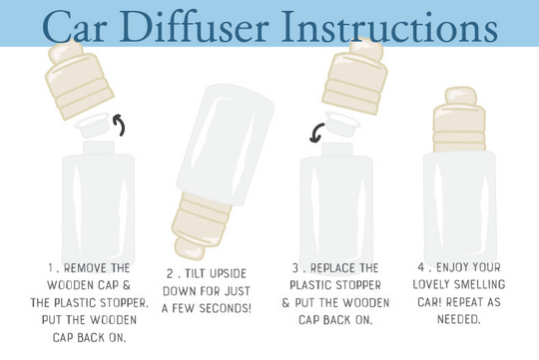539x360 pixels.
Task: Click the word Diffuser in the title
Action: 194,26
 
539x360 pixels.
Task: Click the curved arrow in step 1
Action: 120,125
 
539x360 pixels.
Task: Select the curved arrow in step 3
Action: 317,133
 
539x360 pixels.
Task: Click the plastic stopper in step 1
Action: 92,125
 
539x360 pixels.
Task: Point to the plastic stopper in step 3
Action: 342,124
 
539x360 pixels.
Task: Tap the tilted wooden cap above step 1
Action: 79,80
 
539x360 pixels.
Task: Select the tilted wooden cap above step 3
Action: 355,76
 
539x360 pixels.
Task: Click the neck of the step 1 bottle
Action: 99,148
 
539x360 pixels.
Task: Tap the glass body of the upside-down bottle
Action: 226,145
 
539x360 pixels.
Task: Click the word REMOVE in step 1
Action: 81,268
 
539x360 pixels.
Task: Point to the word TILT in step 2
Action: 196,274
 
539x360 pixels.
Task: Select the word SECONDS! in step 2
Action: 226,308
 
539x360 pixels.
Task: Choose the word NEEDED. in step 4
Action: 458,319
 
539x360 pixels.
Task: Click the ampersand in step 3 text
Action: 286,302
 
